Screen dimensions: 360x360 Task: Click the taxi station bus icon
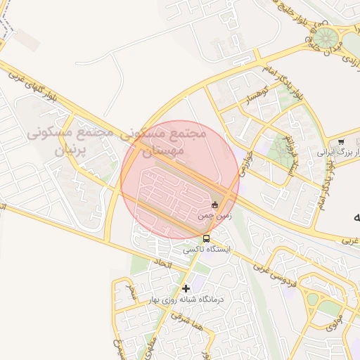coord(205,239)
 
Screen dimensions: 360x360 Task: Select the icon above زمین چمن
coord(215,205)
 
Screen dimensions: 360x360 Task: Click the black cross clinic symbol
coord(186,288)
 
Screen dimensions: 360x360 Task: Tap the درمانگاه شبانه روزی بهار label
coord(185,300)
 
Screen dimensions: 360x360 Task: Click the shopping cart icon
coord(341,141)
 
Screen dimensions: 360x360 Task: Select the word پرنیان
coord(70,149)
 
